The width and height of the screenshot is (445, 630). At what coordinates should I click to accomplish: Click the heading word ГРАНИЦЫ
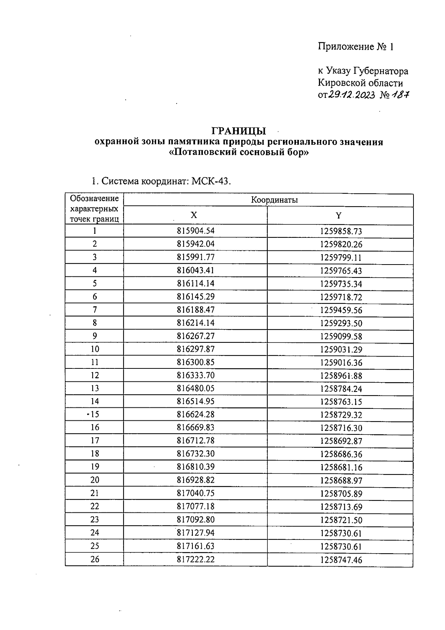pyautogui.click(x=239, y=131)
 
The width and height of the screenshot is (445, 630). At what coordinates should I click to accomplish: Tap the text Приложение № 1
pyautogui.click(x=355, y=47)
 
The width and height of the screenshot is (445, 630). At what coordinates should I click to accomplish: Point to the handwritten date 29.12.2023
pyautogui.click(x=352, y=95)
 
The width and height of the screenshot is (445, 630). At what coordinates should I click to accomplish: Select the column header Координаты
pyautogui.click(x=274, y=200)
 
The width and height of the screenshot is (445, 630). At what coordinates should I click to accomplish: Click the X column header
pyautogui.click(x=194, y=216)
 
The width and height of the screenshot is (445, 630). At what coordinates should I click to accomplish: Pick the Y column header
pyautogui.click(x=338, y=216)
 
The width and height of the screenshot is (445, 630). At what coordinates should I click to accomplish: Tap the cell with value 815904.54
pyautogui.click(x=195, y=231)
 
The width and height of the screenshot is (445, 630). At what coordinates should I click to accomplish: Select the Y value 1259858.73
pyautogui.click(x=341, y=232)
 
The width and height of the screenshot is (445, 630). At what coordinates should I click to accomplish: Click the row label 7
pyautogui.click(x=95, y=309)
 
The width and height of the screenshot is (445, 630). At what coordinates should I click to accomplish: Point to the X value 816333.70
pyautogui.click(x=195, y=375)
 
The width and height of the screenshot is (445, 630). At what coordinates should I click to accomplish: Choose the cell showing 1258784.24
pyautogui.click(x=341, y=389)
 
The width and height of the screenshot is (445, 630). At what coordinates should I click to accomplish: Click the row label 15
pyautogui.click(x=95, y=414)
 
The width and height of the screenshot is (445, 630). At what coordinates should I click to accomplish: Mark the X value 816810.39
pyautogui.click(x=195, y=467)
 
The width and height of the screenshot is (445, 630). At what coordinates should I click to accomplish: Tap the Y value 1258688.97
pyautogui.click(x=341, y=480)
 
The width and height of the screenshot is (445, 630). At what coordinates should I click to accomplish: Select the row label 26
pyautogui.click(x=95, y=559)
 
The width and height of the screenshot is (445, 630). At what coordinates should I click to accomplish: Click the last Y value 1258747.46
pyautogui.click(x=341, y=560)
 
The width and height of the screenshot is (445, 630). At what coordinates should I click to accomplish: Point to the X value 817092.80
pyautogui.click(x=195, y=519)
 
